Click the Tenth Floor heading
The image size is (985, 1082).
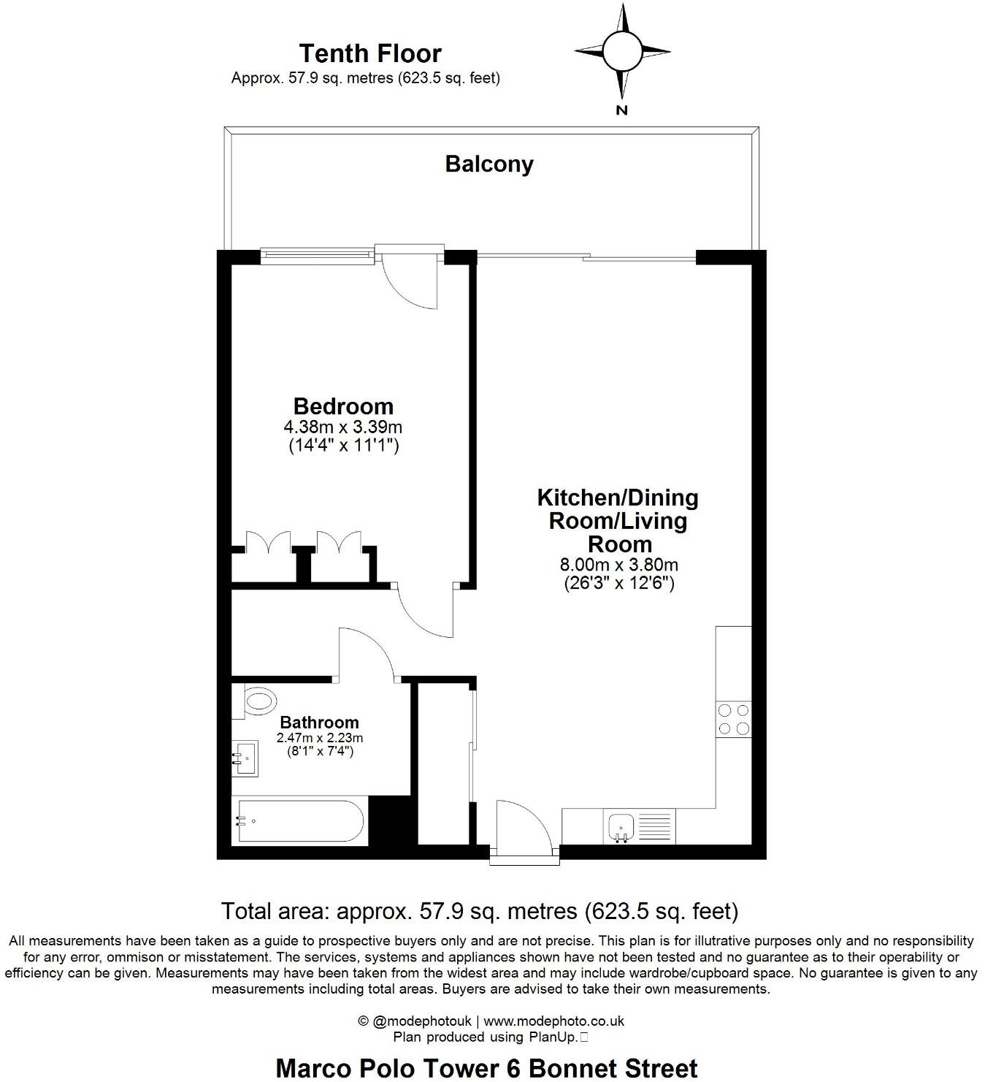click(x=370, y=53)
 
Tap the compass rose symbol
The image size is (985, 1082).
click(x=621, y=51)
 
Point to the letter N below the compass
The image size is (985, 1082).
click(x=622, y=110)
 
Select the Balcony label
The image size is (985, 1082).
click(x=489, y=164)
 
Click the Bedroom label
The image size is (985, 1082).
click(x=343, y=406)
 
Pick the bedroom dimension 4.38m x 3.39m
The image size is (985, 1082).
click(x=343, y=427)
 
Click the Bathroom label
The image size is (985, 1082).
click(x=320, y=723)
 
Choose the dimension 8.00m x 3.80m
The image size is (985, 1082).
click(x=618, y=565)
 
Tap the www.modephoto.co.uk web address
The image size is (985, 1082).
click(x=553, y=1021)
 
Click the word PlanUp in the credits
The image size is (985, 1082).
click(x=559, y=1037)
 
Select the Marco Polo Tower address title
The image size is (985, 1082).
click(x=486, y=1067)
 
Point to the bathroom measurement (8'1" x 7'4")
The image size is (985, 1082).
click(x=320, y=751)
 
